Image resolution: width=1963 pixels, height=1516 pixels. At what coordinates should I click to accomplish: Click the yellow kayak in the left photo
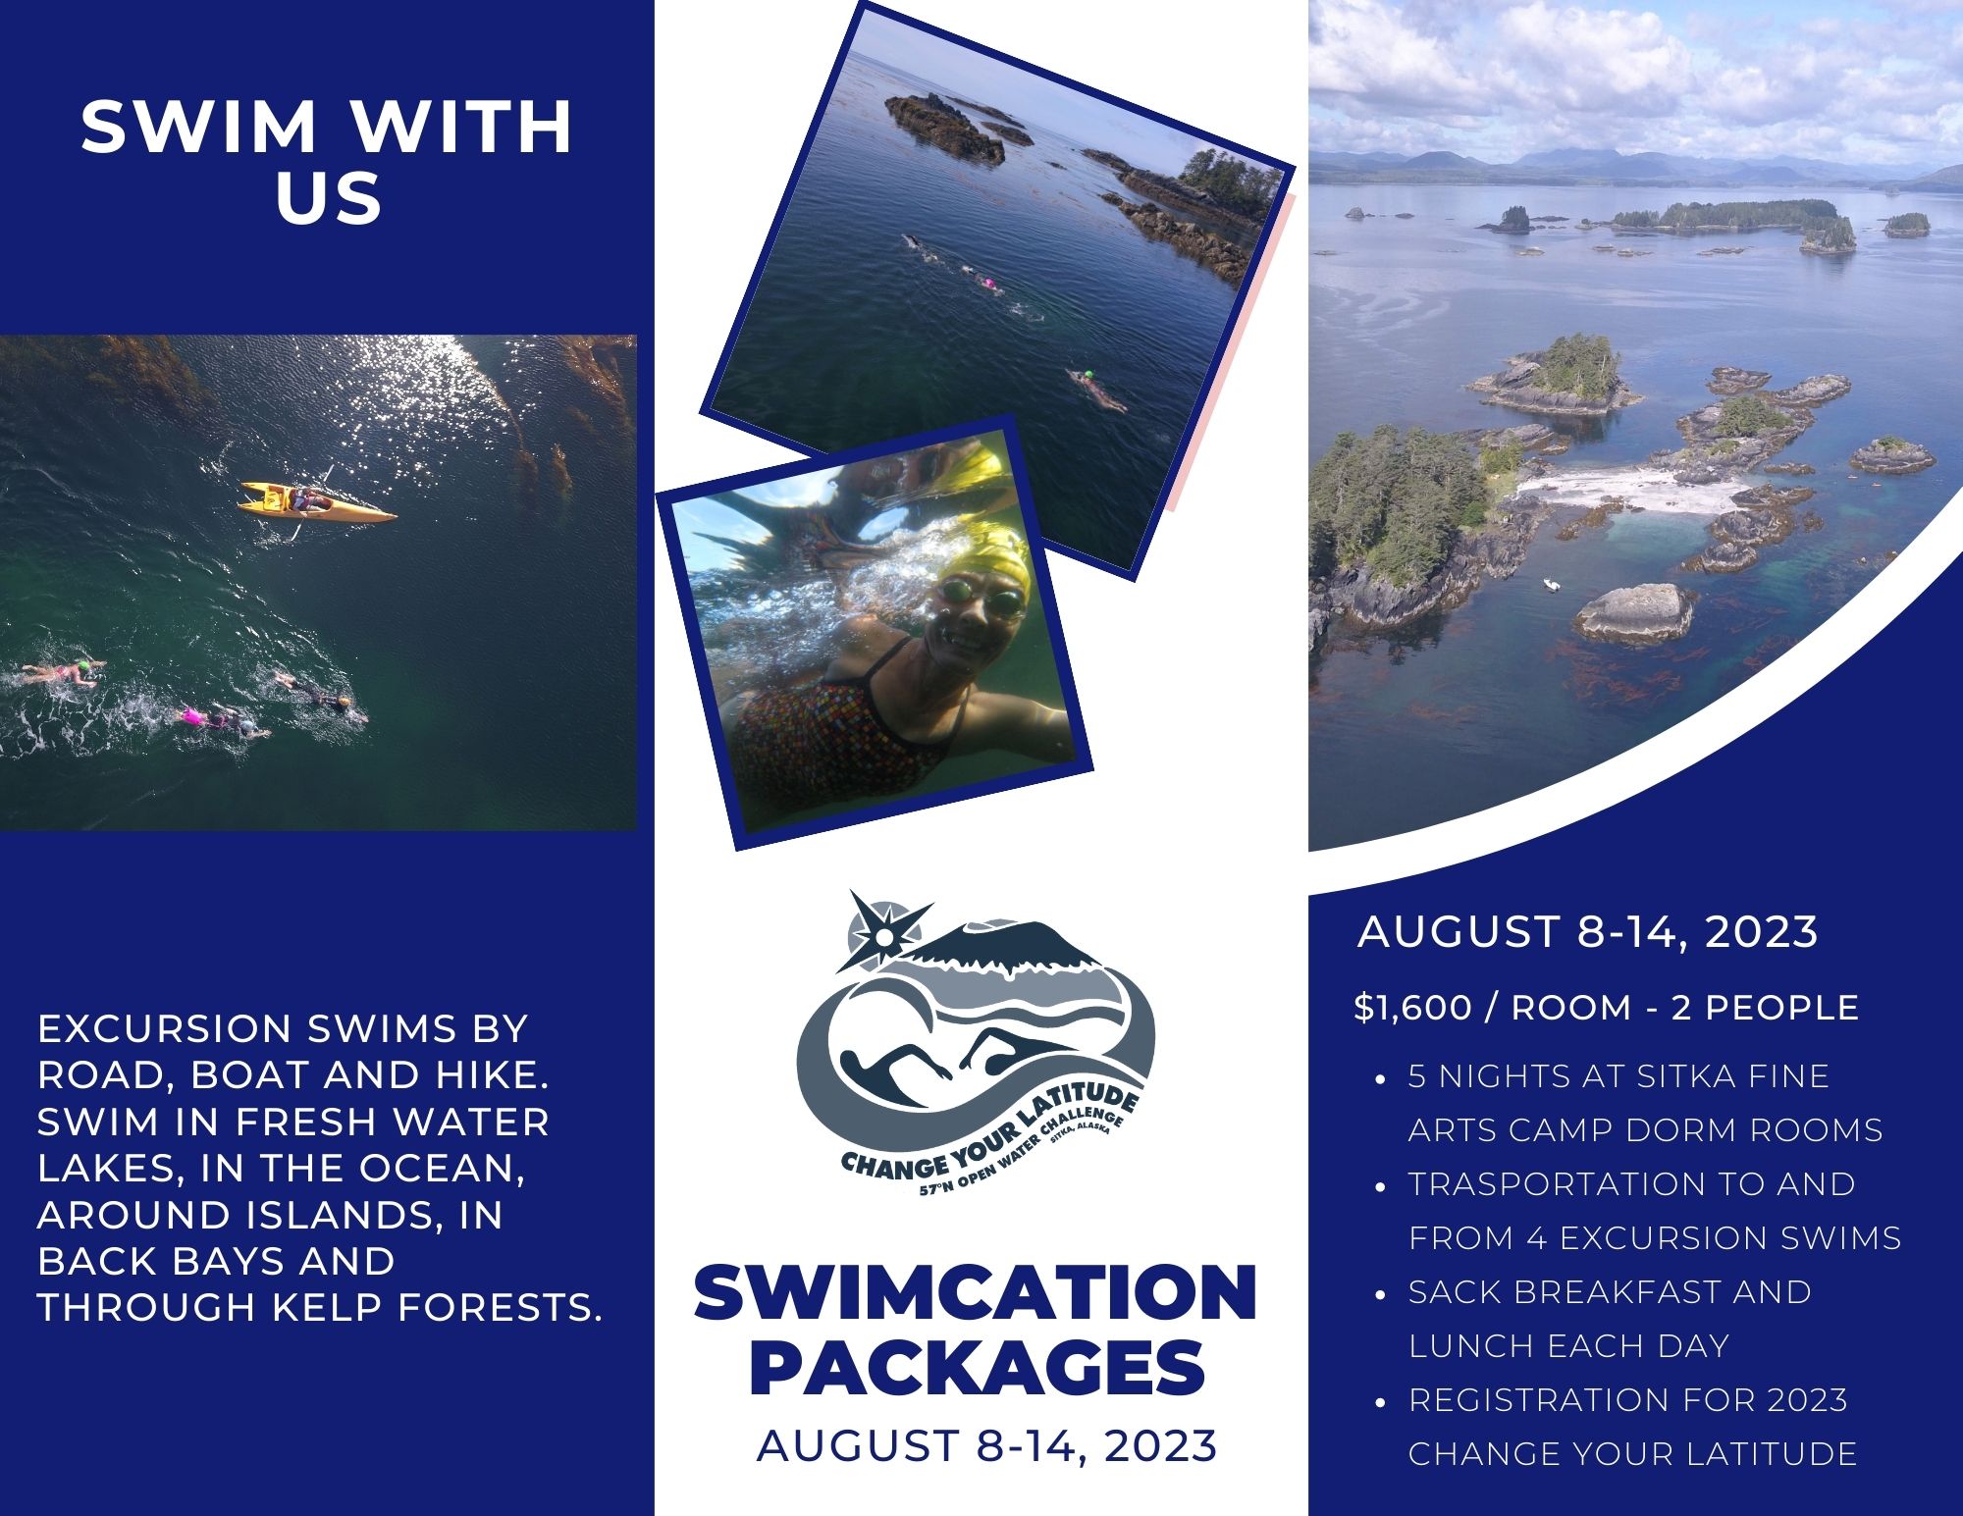click(316, 501)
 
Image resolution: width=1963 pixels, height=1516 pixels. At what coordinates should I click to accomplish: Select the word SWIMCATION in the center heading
click(976, 1293)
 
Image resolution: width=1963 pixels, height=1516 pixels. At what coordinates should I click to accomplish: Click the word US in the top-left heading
click(329, 199)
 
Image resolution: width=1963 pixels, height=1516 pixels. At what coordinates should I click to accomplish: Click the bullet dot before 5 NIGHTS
click(1381, 1078)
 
